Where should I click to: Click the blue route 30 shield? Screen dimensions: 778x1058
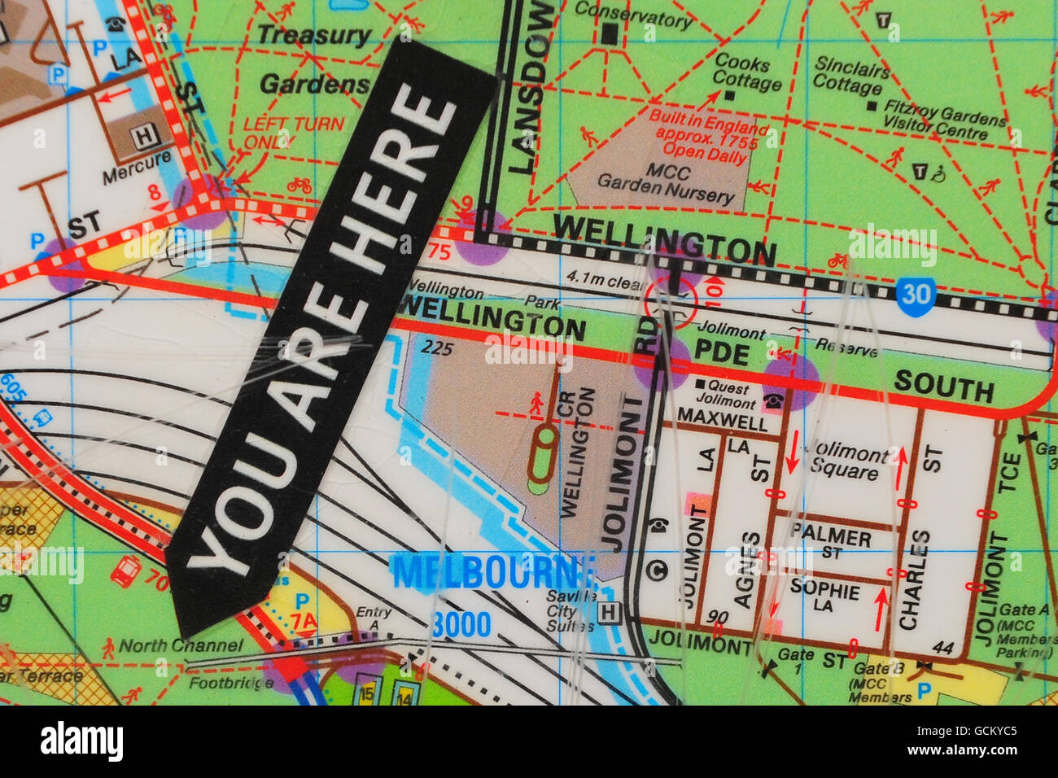pos(916,295)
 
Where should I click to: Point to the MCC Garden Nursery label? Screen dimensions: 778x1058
pos(666,183)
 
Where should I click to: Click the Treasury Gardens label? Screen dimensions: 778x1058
pos(314,59)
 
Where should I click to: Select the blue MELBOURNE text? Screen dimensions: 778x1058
pos(493,572)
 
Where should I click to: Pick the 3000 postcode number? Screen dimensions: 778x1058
pos(461,625)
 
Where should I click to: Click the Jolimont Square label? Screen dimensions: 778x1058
pos(846,461)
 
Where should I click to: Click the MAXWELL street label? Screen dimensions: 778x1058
pos(722,420)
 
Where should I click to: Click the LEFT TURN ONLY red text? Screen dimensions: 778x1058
pos(293,132)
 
